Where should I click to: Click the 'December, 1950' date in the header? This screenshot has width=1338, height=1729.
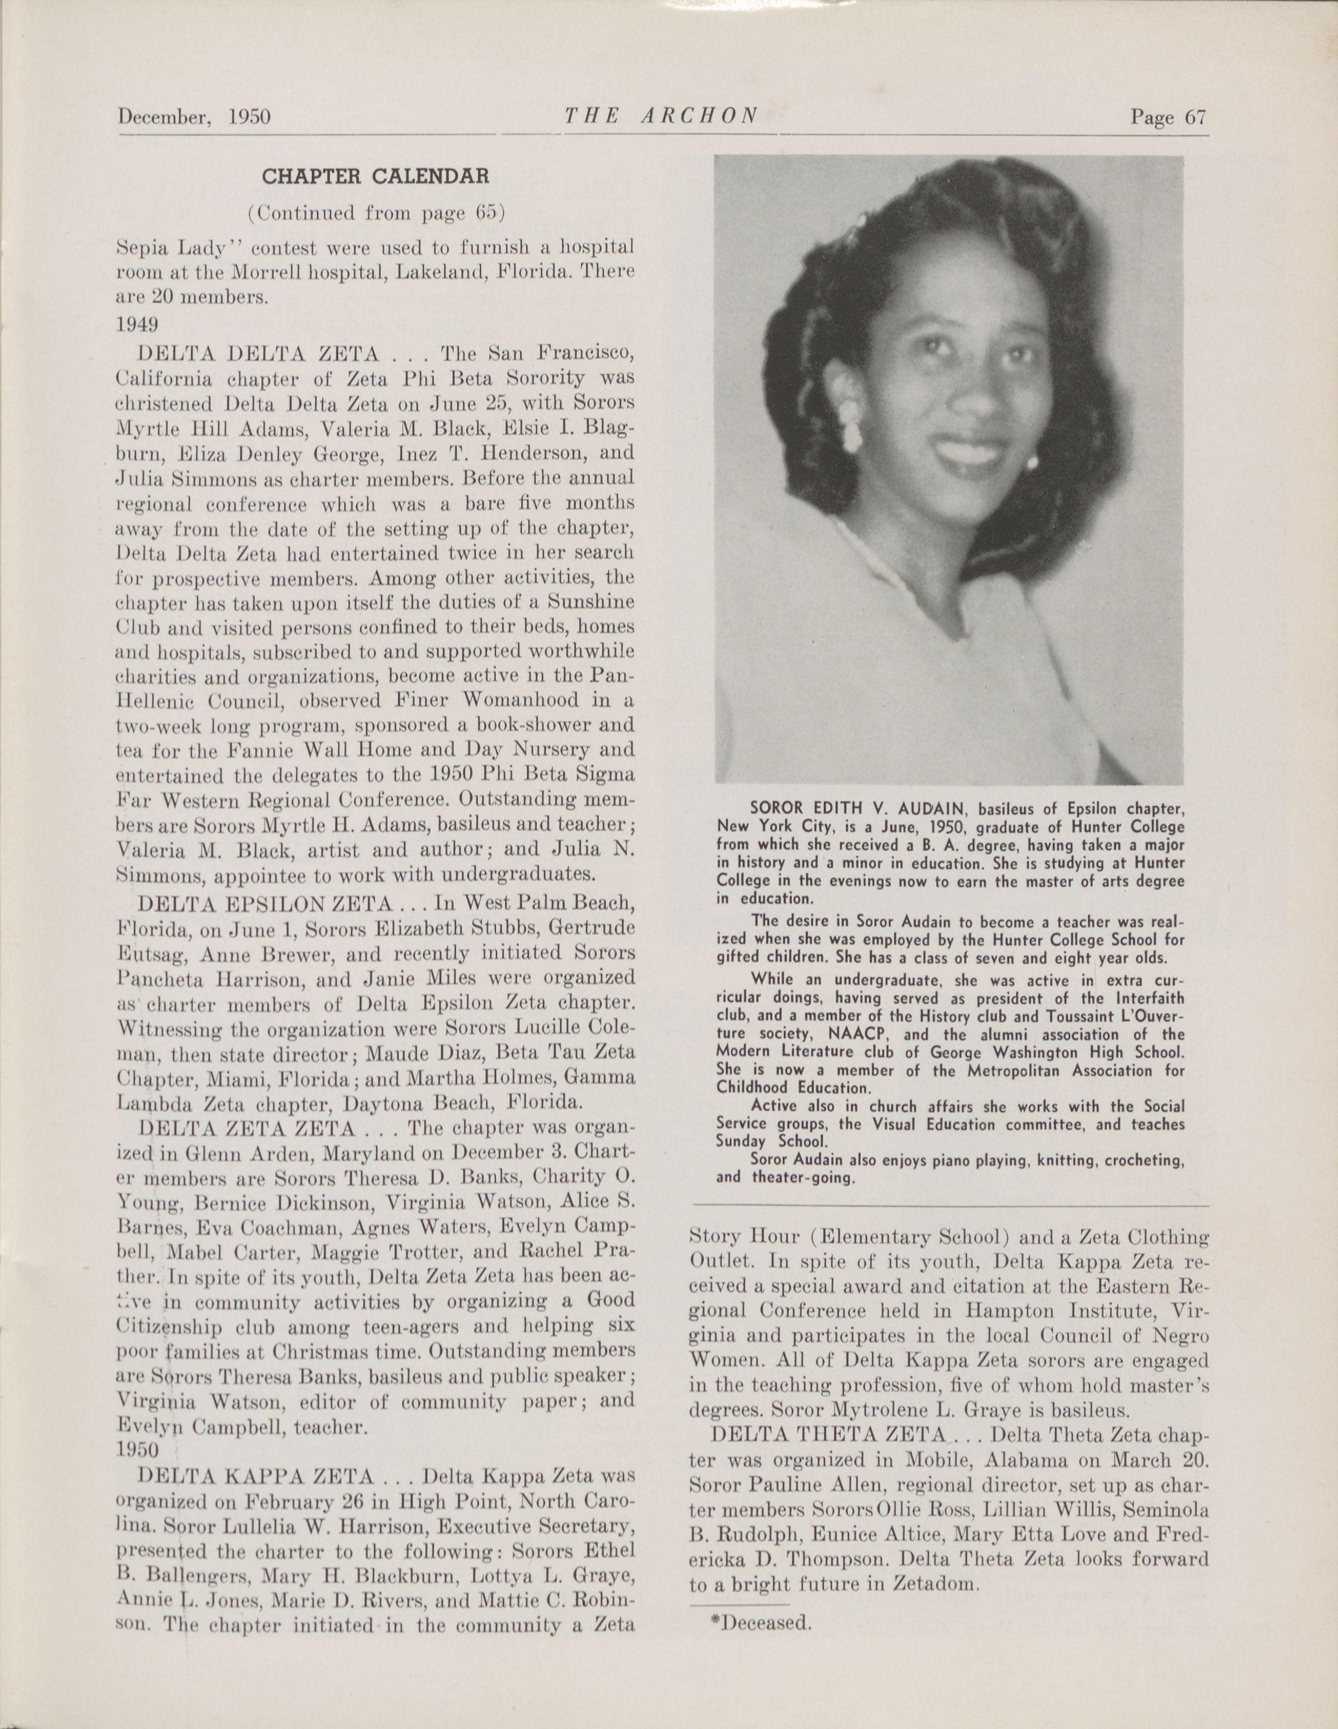coord(194,118)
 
